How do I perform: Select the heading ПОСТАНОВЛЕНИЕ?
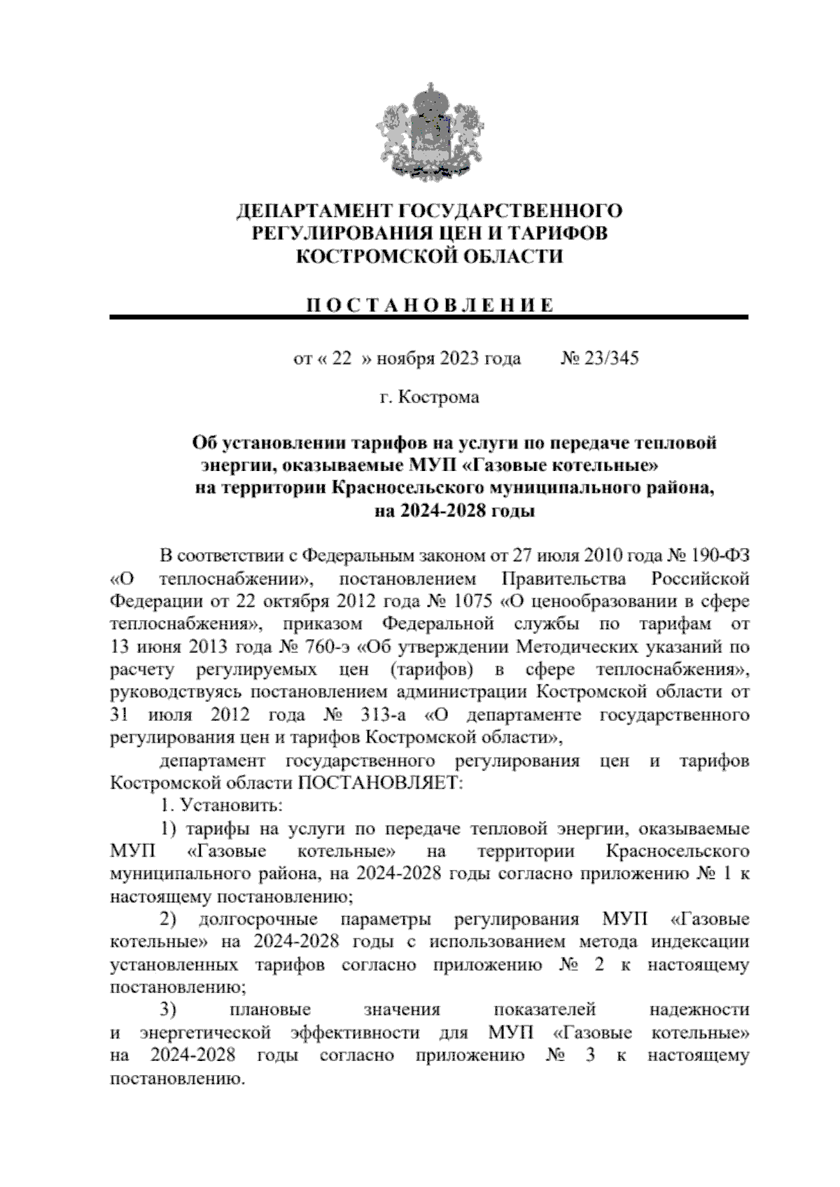pyautogui.click(x=429, y=305)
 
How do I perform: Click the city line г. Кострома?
pyautogui.click(x=429, y=398)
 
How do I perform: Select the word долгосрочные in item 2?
pyautogui.click(x=258, y=919)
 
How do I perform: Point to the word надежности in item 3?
pyautogui.click(x=699, y=1010)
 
